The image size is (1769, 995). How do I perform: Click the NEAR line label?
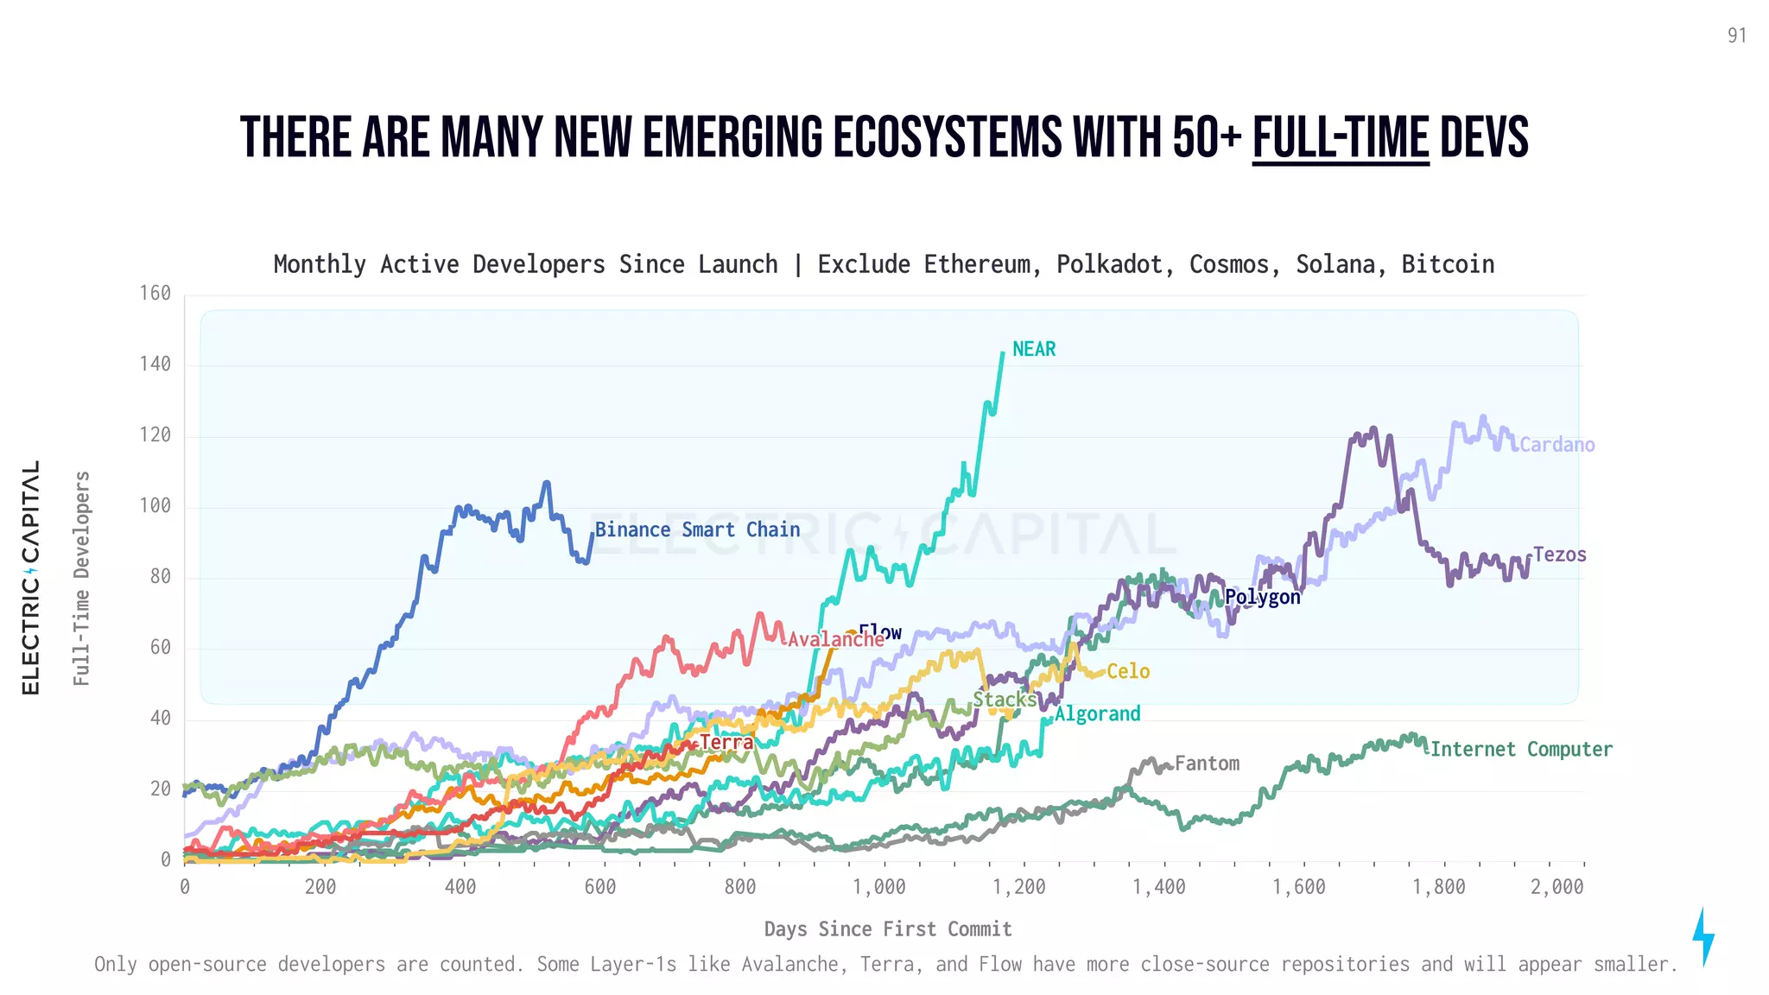click(1033, 349)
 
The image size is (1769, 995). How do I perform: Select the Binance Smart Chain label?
click(697, 529)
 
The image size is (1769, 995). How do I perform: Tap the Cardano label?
click(1557, 445)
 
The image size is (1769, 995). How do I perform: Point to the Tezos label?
click(1559, 555)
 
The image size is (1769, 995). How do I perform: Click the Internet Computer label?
click(1521, 749)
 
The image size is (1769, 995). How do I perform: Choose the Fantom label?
click(1207, 764)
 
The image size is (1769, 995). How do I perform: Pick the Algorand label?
click(1097, 713)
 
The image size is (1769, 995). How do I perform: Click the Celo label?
click(1128, 671)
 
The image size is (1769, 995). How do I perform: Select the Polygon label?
click(1262, 597)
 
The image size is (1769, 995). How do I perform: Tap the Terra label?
click(726, 742)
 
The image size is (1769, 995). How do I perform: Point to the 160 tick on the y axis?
click(155, 294)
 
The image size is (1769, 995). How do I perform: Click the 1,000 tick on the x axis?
click(879, 887)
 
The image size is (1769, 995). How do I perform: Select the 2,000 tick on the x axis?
click(1557, 887)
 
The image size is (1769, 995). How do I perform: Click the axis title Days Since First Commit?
click(888, 929)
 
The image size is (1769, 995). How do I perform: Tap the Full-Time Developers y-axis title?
click(81, 579)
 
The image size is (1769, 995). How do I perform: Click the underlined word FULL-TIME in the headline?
click(1341, 138)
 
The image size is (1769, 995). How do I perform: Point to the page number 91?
click(1737, 35)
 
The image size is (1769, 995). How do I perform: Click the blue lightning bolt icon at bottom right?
click(1702, 936)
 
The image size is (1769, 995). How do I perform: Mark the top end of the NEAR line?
click(1003, 352)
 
